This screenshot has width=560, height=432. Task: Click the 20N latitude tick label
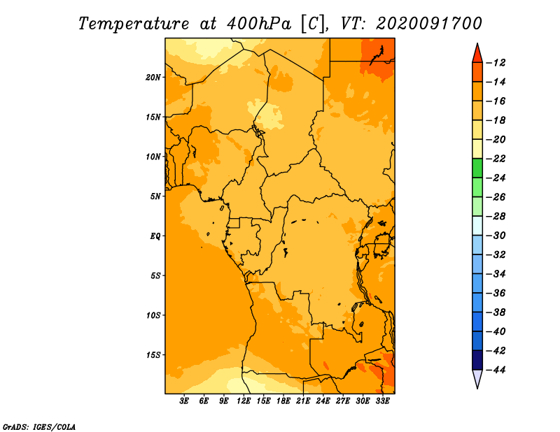(153, 78)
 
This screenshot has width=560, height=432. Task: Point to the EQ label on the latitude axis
(155, 236)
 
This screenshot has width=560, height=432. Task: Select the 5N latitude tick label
(155, 196)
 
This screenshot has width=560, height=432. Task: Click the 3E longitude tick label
(184, 401)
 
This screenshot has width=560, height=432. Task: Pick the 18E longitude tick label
(283, 401)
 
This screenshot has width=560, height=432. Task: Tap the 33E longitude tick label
(382, 401)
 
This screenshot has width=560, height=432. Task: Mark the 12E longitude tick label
(244, 401)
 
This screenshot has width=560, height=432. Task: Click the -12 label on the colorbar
(496, 63)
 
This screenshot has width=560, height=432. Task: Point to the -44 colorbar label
(496, 370)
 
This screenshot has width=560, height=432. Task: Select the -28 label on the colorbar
(496, 217)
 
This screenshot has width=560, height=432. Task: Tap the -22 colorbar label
(496, 159)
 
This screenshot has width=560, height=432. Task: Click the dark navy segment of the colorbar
(477, 360)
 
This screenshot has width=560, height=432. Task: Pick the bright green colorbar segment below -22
(477, 168)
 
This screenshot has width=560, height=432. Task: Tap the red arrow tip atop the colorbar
(477, 43)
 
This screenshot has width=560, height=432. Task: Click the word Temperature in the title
(134, 24)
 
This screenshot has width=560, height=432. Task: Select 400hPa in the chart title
(258, 24)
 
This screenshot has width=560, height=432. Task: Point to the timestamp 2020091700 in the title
(429, 24)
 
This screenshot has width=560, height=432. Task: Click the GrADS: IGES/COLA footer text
(38, 427)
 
